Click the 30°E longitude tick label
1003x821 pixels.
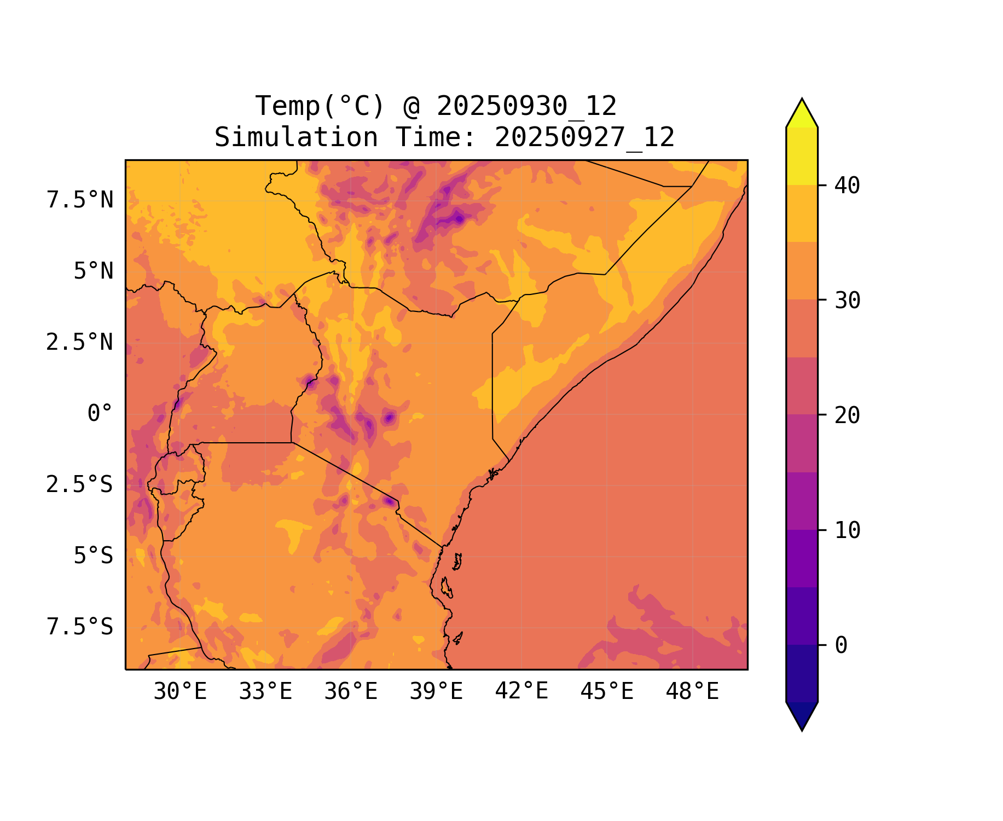pos(180,692)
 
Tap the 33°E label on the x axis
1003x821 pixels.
pos(265,692)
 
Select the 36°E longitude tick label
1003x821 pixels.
pos(351,692)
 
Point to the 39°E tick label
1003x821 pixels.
pos(436,692)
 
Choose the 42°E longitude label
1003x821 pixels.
pos(521,692)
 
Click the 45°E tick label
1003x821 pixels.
pos(607,692)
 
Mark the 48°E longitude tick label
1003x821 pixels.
pos(692,692)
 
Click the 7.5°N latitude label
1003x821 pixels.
pos(80,200)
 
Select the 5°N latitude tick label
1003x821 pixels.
pos(94,271)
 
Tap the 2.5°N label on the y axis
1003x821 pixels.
pos(80,343)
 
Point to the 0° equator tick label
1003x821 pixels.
pos(100,414)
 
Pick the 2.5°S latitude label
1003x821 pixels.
pos(80,485)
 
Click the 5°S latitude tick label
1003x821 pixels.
pos(94,556)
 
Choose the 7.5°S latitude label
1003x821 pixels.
pos(80,627)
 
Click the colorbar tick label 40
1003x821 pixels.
pos(847,186)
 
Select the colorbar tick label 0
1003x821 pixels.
pos(841,646)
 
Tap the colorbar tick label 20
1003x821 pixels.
pos(847,416)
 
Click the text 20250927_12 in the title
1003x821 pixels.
pos(584,137)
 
